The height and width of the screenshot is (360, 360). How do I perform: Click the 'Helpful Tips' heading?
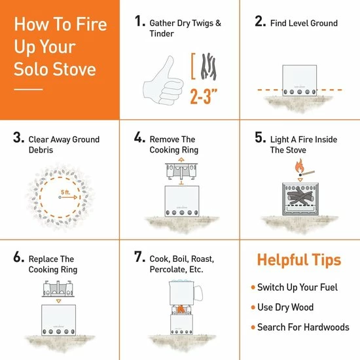(298, 260)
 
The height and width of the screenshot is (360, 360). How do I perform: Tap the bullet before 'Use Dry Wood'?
(253, 307)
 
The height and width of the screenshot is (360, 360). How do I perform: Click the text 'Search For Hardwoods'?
(304, 327)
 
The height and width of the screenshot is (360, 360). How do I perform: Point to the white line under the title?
(28, 89)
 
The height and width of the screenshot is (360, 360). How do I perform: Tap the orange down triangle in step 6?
(60, 299)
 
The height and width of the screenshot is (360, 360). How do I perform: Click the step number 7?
(139, 257)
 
